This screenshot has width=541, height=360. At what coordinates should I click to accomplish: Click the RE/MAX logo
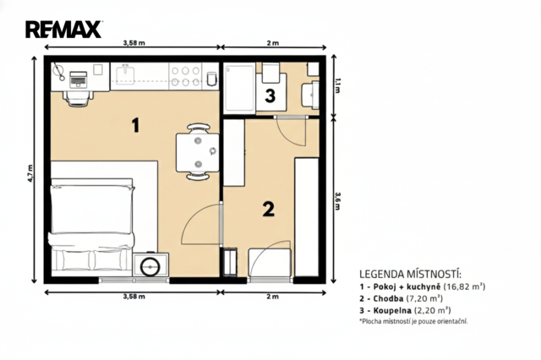63,30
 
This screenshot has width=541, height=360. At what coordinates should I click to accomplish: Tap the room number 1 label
136,125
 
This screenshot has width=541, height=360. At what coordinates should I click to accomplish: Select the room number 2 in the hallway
269,209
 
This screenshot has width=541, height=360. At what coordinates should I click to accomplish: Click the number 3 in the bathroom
270,95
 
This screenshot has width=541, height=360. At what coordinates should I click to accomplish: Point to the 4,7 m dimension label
30,172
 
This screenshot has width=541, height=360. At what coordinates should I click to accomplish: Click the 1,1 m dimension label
337,85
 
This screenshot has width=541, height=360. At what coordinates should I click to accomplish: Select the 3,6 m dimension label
337,200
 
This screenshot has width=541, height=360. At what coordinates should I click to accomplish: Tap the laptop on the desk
79,79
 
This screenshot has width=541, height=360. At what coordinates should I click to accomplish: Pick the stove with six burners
186,76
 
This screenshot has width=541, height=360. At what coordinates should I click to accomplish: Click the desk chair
79,97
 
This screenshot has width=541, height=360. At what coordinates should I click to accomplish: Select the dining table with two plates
198,152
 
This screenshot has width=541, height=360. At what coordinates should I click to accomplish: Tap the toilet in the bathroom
270,73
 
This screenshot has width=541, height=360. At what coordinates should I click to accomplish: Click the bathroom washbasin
310,94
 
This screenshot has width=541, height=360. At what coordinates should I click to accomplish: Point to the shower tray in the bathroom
240,88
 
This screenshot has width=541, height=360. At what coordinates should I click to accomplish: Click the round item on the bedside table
150,266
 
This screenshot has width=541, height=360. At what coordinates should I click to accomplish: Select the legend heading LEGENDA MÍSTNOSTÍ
410,275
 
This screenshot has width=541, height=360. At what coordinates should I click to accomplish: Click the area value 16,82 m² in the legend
464,286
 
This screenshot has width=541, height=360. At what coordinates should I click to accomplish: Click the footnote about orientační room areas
413,321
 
